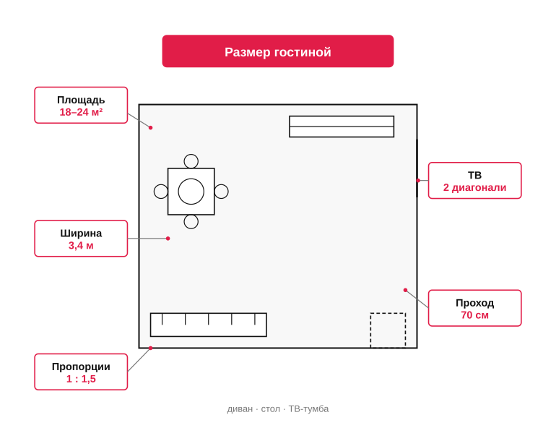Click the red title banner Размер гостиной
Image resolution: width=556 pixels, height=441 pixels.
pyautogui.click(x=278, y=51)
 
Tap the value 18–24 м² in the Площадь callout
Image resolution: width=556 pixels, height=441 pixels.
pyautogui.click(x=81, y=112)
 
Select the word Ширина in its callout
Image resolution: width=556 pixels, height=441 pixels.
pyautogui.click(x=81, y=234)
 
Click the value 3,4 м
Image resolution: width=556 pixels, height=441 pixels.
pyautogui.click(x=81, y=245)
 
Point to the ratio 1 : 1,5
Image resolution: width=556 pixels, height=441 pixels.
pyautogui.click(x=81, y=379)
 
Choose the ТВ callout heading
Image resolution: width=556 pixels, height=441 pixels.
pyautogui.click(x=474, y=175)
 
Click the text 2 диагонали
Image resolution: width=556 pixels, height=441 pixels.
pyautogui.click(x=474, y=187)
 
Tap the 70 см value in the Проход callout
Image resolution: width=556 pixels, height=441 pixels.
pyautogui.click(x=474, y=315)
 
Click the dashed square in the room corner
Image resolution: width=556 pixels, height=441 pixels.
pyautogui.click(x=388, y=313)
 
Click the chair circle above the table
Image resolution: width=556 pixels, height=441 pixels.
pyautogui.click(x=191, y=155)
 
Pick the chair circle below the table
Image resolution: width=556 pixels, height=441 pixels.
pyautogui.click(x=191, y=228)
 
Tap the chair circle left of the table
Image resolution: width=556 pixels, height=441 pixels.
pyautogui.click(x=154, y=192)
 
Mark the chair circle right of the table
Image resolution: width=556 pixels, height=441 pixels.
pyautogui.click(x=228, y=192)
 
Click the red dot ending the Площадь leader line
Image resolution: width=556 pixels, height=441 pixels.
pyautogui.click(x=150, y=127)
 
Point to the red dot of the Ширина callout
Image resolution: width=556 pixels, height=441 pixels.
pyautogui.click(x=168, y=239)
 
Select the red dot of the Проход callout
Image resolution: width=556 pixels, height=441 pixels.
pyautogui.click(x=405, y=290)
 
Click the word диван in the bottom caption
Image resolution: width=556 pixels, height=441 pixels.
pyautogui.click(x=240, y=409)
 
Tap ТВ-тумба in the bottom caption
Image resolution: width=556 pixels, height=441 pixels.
pyautogui.click(x=308, y=409)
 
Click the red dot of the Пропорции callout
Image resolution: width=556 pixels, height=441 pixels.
pyautogui.click(x=150, y=348)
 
